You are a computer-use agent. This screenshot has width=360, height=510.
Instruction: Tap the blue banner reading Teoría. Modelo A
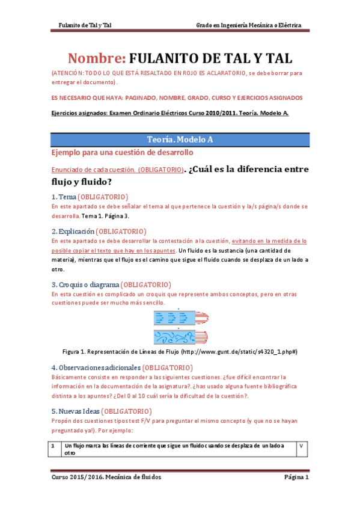(180, 139)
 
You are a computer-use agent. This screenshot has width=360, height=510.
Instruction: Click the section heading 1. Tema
(64, 197)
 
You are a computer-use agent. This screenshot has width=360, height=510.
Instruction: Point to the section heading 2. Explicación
(73, 231)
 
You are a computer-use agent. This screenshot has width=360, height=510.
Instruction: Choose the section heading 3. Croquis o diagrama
(85, 284)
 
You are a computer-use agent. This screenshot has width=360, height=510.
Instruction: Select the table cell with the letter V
(301, 446)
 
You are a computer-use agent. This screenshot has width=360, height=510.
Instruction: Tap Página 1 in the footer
(296, 478)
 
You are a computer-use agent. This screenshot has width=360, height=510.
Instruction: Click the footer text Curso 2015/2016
(74, 478)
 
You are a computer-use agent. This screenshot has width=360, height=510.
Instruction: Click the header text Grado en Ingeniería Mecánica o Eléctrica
(249, 26)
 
